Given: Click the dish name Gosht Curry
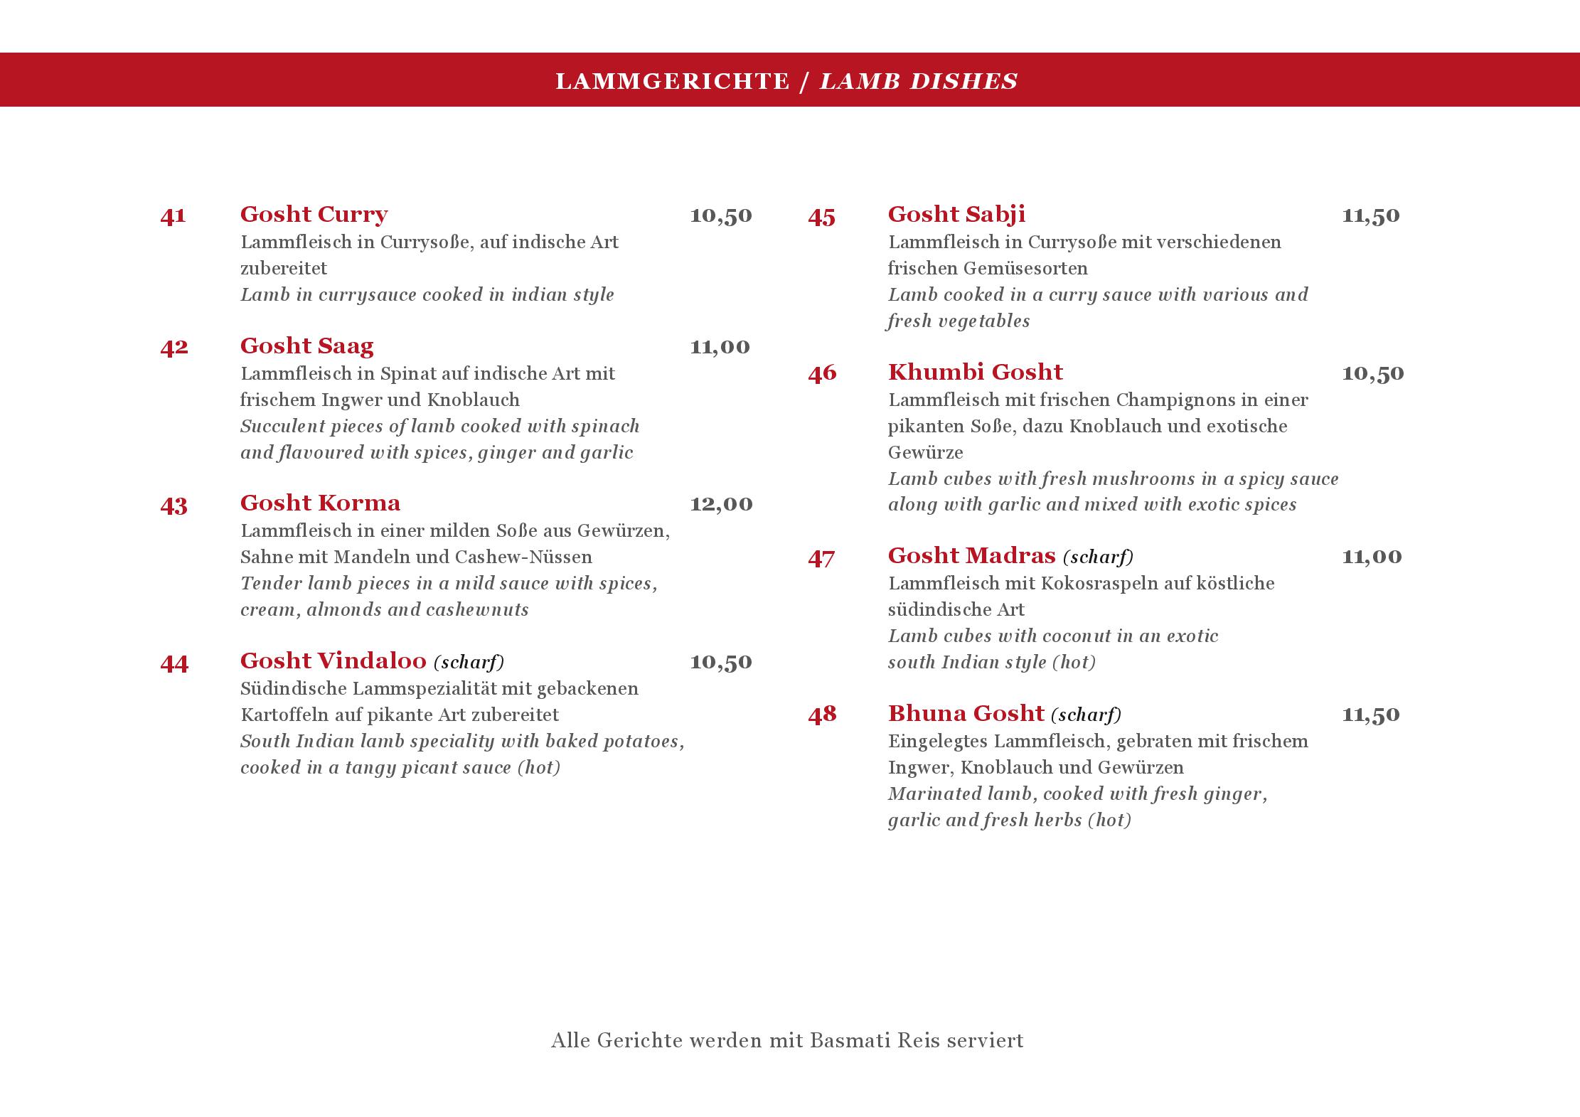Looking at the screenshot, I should coord(314,214).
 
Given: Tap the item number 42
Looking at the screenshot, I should coord(174,347).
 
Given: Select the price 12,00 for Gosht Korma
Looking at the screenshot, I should coord(721,504).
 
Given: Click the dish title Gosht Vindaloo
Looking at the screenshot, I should coord(333,661).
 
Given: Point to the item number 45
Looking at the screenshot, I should coord(822,216).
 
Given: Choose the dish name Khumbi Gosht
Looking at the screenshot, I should coord(975,372).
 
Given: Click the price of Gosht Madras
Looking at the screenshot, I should coord(1372,557).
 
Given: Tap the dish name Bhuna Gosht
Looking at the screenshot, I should coord(966,713).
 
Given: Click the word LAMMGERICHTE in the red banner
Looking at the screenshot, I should coord(672,82).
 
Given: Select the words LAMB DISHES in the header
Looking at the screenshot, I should coord(918,82).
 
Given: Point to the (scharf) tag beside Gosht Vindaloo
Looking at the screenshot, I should coord(469,663).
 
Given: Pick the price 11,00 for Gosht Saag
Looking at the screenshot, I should coord(720,347).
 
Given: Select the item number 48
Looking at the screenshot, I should coord(822,715).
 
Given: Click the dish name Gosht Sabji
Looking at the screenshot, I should coord(956,214).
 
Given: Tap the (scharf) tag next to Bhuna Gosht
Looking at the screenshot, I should coord(1086,715).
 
